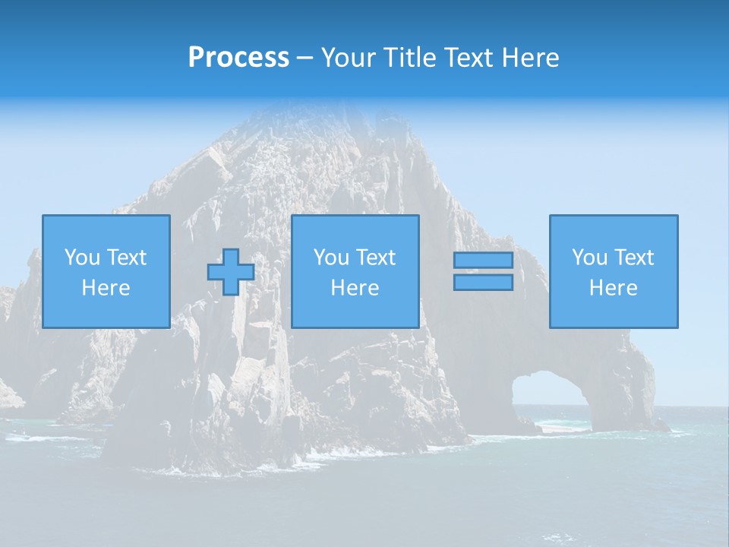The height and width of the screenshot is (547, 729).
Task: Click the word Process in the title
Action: point(238,58)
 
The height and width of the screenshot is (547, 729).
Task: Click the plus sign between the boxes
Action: point(231,272)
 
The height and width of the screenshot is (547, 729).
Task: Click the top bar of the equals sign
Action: point(483,261)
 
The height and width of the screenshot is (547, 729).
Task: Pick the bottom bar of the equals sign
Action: point(483,283)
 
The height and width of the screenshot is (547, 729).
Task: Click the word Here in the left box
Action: point(106,288)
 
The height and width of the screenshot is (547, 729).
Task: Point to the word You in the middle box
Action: point(331,258)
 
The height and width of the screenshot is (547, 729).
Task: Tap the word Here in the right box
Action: point(614,288)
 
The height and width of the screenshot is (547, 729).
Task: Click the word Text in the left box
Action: point(127,258)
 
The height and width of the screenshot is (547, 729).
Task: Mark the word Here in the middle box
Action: point(355,288)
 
